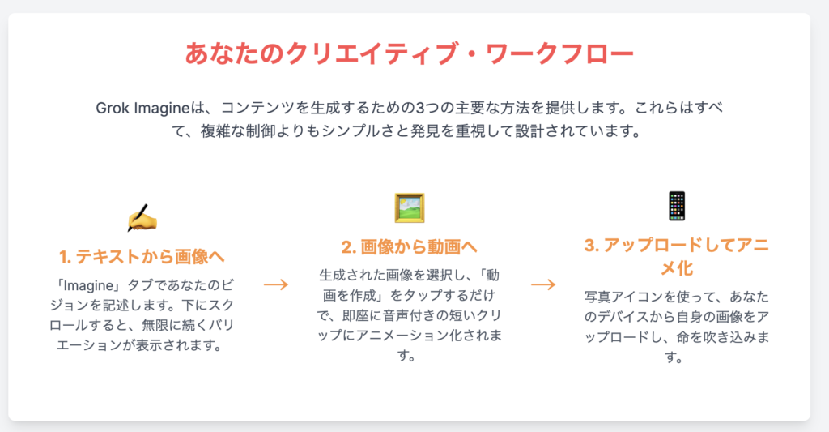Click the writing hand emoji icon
[x=142, y=218]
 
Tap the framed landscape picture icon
[x=409, y=207]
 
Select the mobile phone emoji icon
[x=677, y=206]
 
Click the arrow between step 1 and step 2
[x=276, y=284]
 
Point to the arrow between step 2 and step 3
[x=543, y=284]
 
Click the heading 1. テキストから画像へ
[x=142, y=257]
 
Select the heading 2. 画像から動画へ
[x=409, y=246]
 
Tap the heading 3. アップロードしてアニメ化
[x=677, y=257]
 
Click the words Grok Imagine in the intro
[x=142, y=109]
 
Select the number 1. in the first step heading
[x=65, y=257]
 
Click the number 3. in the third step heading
[x=591, y=246]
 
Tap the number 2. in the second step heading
[x=349, y=247]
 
